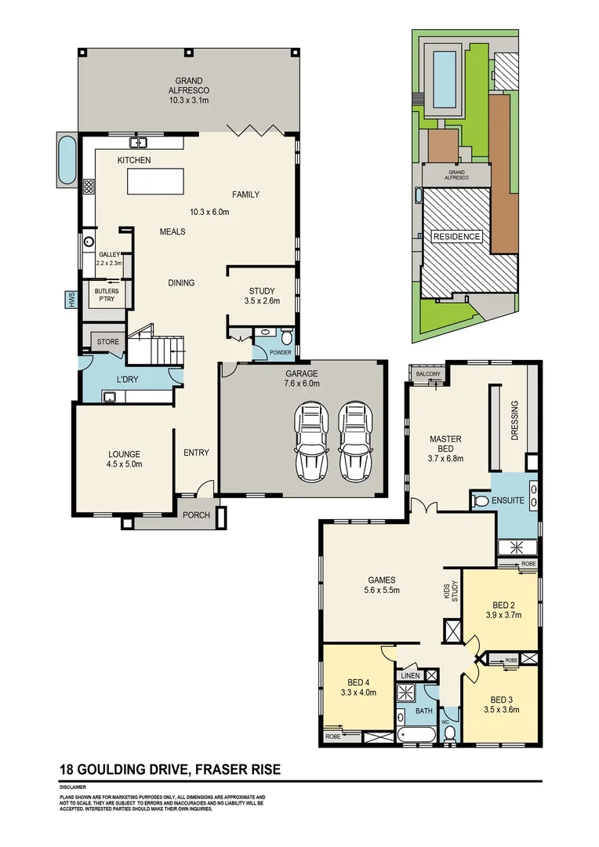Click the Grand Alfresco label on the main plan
189,90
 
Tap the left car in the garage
310,443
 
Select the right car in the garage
354,443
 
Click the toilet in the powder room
286,338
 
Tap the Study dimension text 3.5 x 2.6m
262,300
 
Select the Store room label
108,342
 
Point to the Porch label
195,515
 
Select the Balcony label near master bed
428,375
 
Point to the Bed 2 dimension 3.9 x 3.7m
503,615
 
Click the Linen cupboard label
409,675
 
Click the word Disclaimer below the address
72,787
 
